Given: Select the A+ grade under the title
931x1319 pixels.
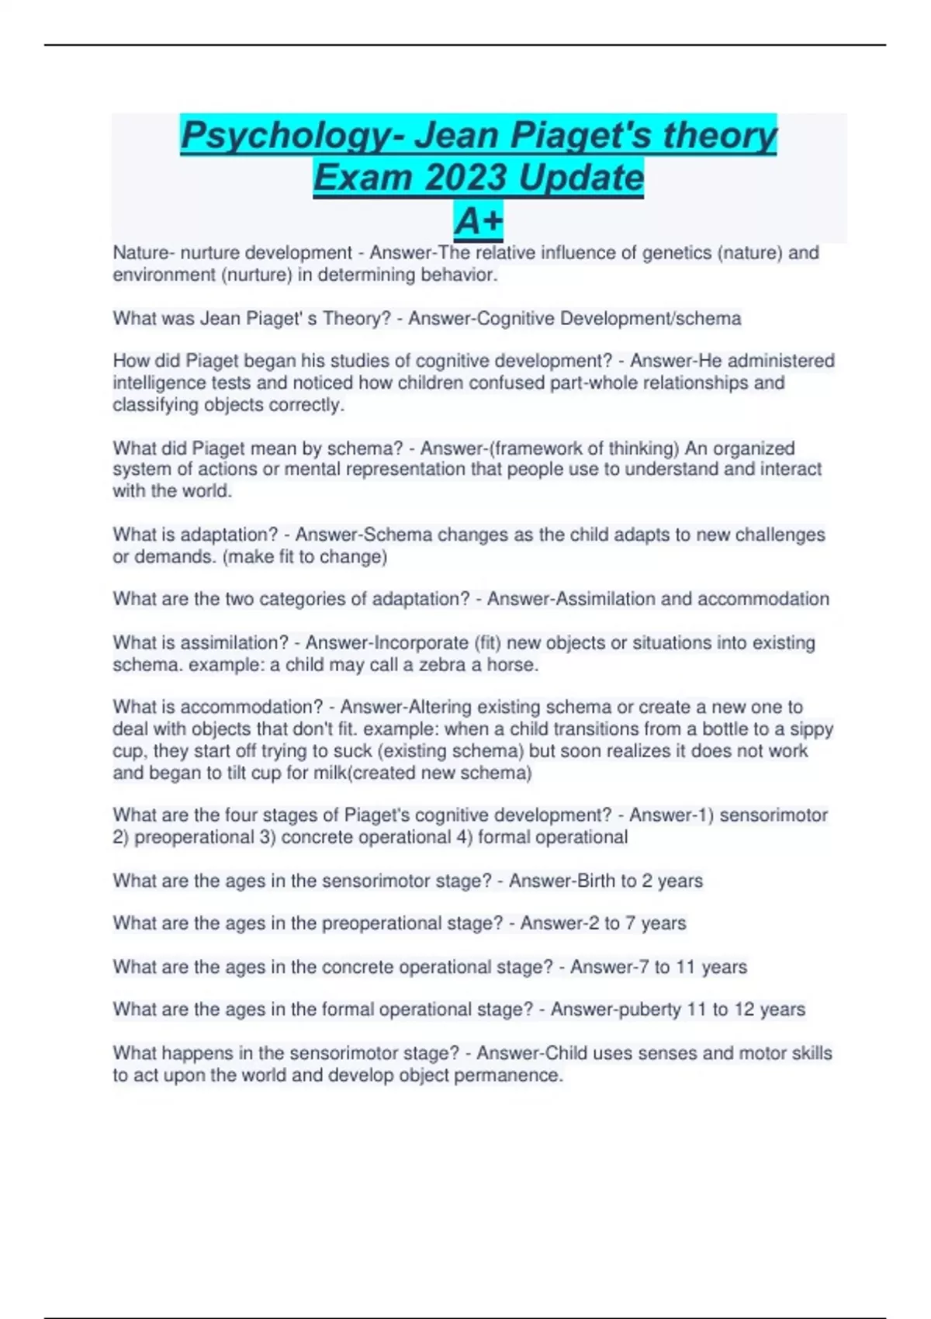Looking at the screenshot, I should pyautogui.click(x=479, y=221).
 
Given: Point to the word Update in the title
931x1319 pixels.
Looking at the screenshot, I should pyautogui.click(x=580, y=178).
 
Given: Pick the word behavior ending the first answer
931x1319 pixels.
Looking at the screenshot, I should pyautogui.click(x=459, y=275).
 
